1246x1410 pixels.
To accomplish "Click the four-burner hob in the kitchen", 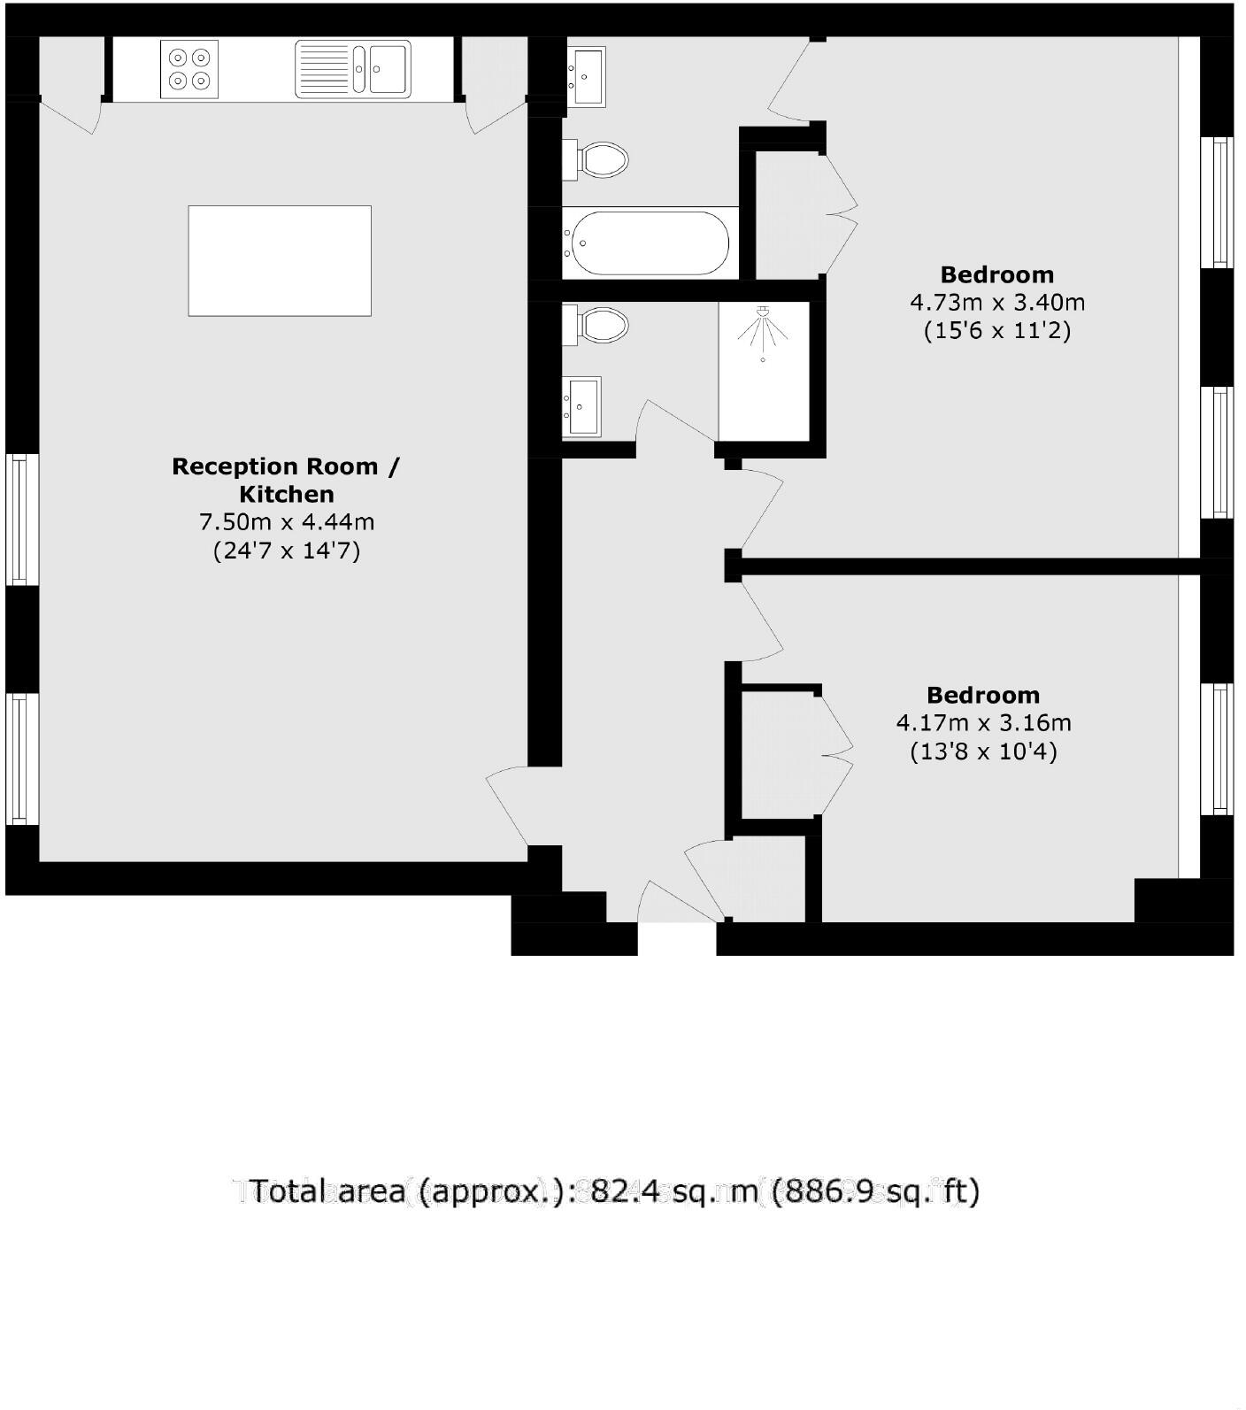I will [x=189, y=69].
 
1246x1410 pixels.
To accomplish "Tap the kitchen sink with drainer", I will [x=352, y=68].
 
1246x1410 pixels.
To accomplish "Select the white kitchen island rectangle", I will [x=280, y=260].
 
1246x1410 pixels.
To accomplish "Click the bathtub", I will [x=650, y=243].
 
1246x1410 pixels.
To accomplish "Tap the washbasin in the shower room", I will [x=582, y=406].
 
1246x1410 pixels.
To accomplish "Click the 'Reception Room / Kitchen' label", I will [x=286, y=480].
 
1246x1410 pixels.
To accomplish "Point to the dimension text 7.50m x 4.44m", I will [x=286, y=522].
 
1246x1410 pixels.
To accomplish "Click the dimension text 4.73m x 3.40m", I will [x=997, y=303].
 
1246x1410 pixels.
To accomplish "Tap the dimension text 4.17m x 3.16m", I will [x=983, y=723].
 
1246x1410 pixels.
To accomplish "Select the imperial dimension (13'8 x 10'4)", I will [x=983, y=751].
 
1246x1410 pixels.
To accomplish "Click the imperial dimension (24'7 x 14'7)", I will [x=286, y=551].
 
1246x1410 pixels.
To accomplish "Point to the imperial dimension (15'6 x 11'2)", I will [x=997, y=331].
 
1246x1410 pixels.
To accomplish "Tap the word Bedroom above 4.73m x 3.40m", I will [x=997, y=274].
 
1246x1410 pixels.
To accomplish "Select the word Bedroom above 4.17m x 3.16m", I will [x=983, y=695].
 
